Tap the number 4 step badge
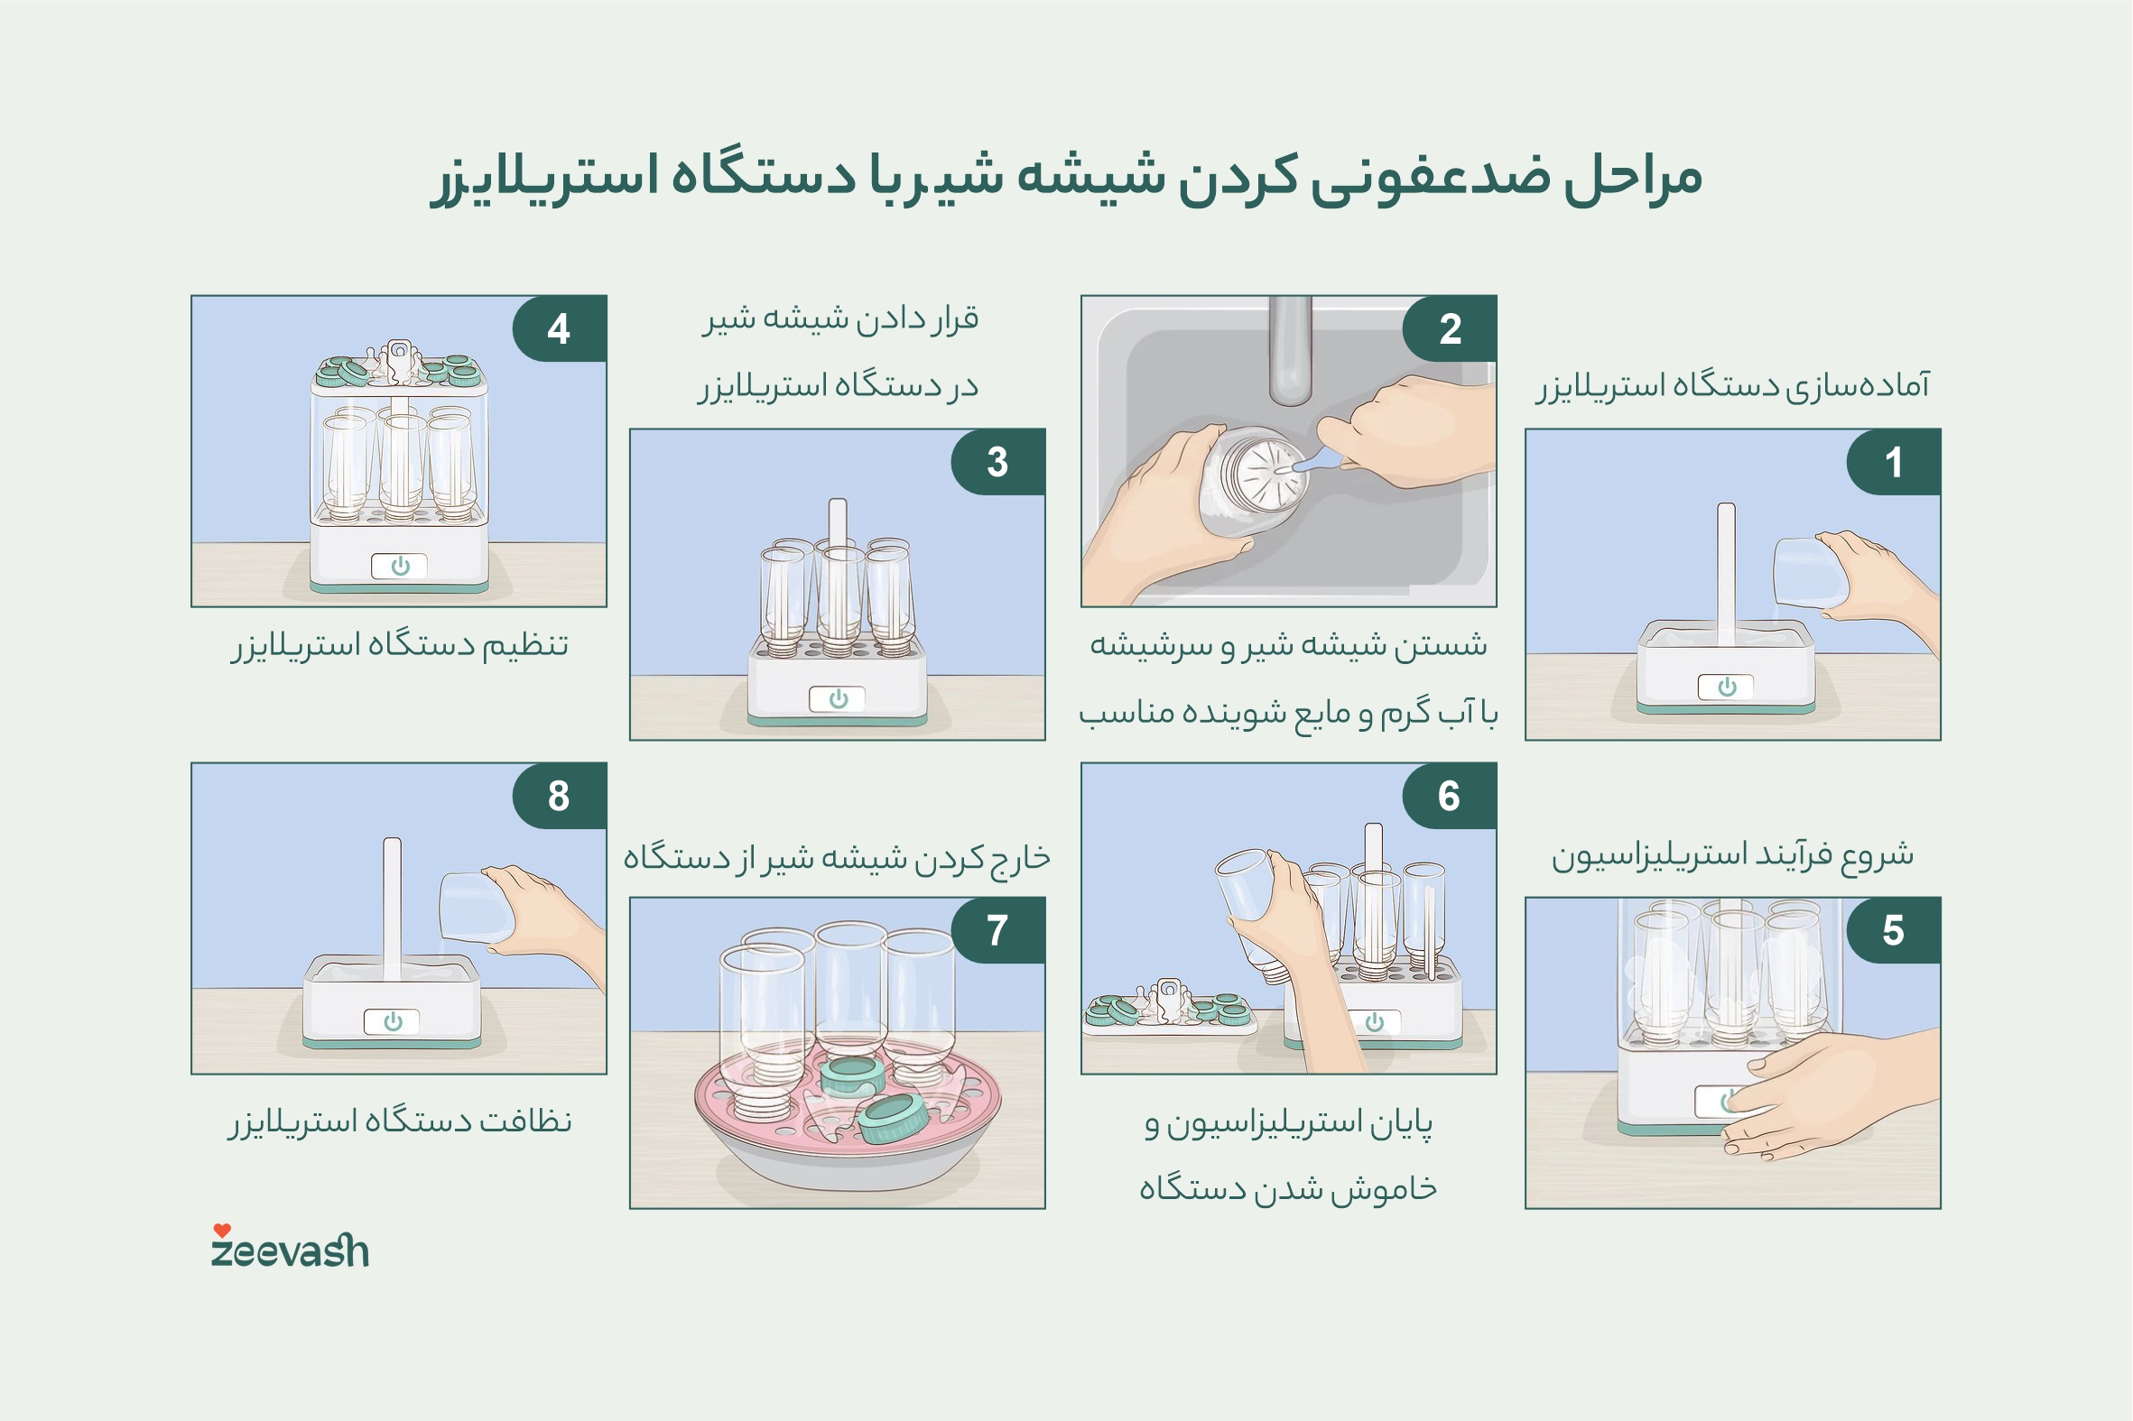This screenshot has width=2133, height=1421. (x=559, y=328)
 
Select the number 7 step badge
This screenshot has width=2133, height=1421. (x=997, y=930)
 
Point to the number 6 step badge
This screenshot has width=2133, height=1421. (x=1449, y=796)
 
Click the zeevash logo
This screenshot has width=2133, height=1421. (x=290, y=1250)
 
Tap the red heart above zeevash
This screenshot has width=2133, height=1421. (x=222, y=1230)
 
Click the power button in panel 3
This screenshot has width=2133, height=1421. (x=838, y=698)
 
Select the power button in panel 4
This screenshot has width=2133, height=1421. (x=400, y=567)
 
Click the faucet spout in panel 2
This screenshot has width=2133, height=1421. (x=1290, y=354)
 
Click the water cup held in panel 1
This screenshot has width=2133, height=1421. (x=1808, y=573)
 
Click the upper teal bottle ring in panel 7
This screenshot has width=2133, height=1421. (x=852, y=1076)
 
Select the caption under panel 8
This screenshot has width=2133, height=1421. (x=400, y=1122)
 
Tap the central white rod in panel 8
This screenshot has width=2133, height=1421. (x=392, y=906)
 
